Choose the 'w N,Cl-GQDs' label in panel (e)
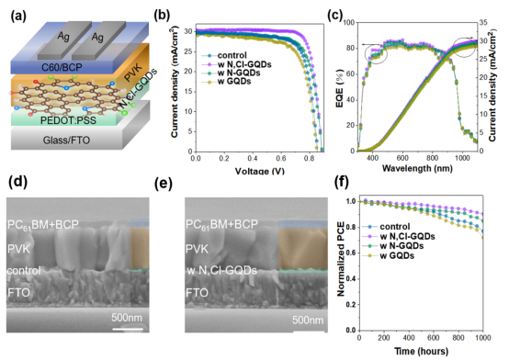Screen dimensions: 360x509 219,271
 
